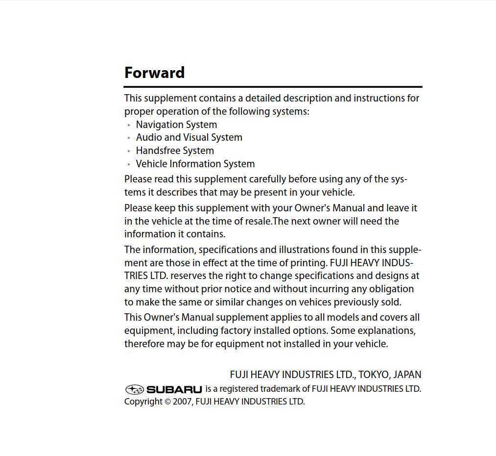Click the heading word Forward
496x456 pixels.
tap(154, 73)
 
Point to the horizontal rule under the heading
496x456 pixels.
tap(273, 87)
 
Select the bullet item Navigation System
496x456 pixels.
tap(176, 125)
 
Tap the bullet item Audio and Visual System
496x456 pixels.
tap(189, 138)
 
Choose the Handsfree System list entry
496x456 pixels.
tap(175, 151)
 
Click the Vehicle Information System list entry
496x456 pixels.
tap(195, 164)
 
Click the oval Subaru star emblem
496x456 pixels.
tap(134, 390)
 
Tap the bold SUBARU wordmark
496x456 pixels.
tap(174, 390)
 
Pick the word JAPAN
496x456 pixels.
tap(407, 375)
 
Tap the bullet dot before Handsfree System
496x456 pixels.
tap(128, 152)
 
